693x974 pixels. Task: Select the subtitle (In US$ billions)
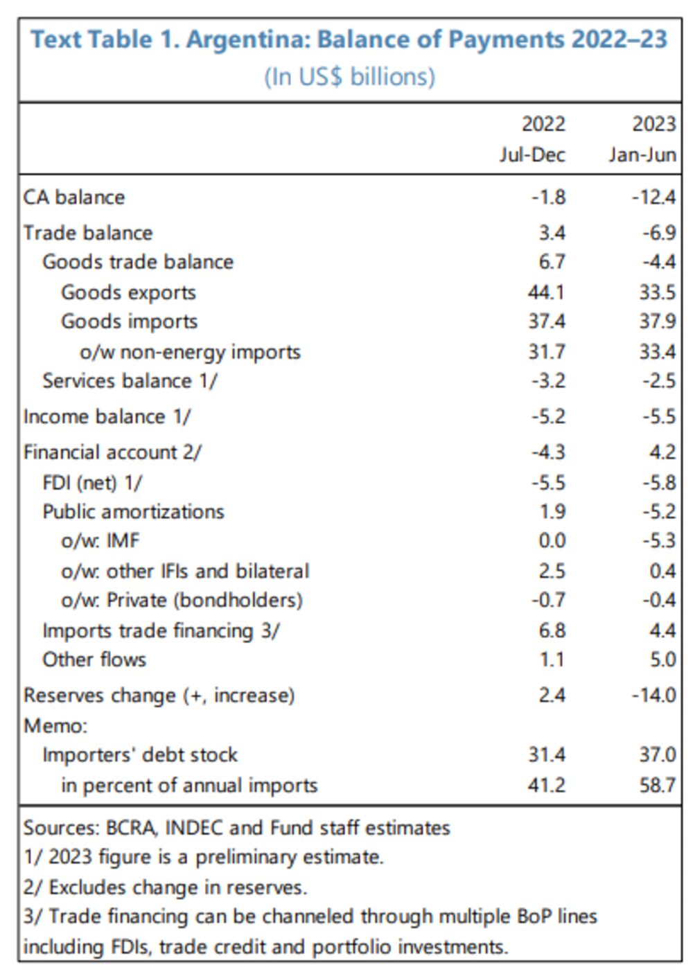349,76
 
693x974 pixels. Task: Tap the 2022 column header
543,124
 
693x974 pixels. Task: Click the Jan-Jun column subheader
642,154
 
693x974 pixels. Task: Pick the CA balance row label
74,197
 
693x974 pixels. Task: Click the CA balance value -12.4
653,197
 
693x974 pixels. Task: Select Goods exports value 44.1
546,292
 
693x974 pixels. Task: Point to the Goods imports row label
129,321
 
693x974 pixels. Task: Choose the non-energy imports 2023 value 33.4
657,352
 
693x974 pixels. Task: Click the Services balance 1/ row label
130,381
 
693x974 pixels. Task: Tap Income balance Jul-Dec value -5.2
548,416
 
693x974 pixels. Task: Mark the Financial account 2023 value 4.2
663,452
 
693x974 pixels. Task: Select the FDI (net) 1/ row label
92,482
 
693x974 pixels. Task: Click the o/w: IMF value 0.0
552,540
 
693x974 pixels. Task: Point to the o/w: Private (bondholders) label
182,600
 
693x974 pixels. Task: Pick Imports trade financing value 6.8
552,630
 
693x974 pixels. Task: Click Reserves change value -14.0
653,695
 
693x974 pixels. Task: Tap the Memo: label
55,725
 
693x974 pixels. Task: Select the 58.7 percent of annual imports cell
657,785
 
